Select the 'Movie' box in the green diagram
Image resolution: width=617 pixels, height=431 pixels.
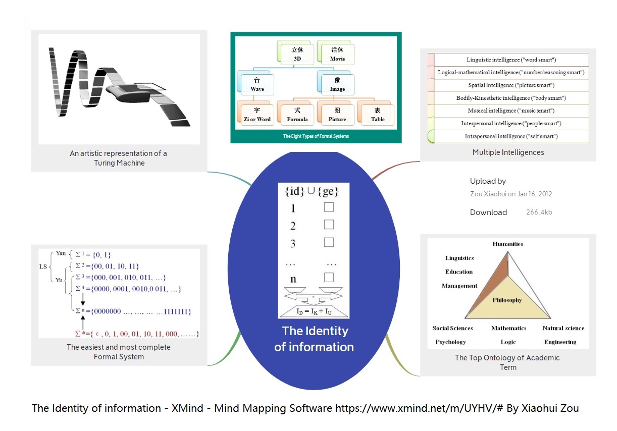pyautogui.click(x=337, y=54)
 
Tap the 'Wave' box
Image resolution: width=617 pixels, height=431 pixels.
pyautogui.click(x=257, y=85)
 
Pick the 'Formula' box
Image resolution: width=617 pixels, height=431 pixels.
pyautogui.click(x=297, y=115)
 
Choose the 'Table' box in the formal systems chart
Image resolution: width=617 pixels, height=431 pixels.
pyautogui.click(x=378, y=115)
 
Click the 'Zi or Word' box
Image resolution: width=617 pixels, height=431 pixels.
pyautogui.click(x=257, y=115)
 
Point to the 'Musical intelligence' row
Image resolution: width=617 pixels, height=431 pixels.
pyautogui.click(x=511, y=111)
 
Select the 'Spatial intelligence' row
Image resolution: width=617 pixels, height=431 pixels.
pyautogui.click(x=511, y=85)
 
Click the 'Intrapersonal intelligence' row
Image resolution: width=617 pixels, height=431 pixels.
pyautogui.click(x=511, y=136)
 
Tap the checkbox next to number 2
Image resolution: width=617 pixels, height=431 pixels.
pyautogui.click(x=329, y=225)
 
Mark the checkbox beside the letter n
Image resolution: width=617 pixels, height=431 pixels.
pyautogui.click(x=329, y=277)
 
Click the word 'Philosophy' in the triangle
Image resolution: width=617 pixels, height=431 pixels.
pyautogui.click(x=507, y=300)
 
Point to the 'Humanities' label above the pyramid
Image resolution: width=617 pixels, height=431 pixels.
pyautogui.click(x=507, y=244)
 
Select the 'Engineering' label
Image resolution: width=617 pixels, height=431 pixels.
pyautogui.click(x=560, y=342)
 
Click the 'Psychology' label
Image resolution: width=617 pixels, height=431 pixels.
pyautogui.click(x=450, y=342)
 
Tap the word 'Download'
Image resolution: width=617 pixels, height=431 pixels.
pyautogui.click(x=488, y=212)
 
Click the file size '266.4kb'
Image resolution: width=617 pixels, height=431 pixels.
pyautogui.click(x=539, y=212)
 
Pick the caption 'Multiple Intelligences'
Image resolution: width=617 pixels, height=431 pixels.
pyautogui.click(x=508, y=152)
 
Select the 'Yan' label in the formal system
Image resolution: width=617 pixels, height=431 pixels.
pyautogui.click(x=61, y=253)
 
